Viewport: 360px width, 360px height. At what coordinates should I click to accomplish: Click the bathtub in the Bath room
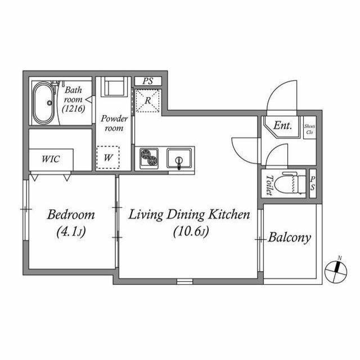coord(44,102)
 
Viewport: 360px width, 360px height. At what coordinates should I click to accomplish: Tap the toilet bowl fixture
coord(290,183)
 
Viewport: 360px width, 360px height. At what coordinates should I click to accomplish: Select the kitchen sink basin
coord(179,158)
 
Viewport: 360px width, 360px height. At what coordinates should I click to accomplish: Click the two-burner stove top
coord(149,157)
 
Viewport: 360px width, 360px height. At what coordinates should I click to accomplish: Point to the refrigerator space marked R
coord(148,101)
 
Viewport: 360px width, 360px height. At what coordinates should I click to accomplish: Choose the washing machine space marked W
coord(108,157)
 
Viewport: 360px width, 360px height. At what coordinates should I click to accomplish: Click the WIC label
coord(51,159)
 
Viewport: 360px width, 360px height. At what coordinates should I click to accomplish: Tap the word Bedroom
coord(71,215)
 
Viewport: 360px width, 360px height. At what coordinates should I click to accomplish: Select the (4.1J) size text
coord(71,231)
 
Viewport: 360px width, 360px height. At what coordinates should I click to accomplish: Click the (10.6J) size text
coord(191,231)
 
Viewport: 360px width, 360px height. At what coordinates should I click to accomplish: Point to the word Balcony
coord(290,237)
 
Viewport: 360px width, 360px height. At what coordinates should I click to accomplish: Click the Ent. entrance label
coord(282,125)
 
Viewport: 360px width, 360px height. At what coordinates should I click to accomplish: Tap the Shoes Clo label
coord(309,129)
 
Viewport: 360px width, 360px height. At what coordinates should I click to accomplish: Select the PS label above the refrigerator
coord(148,81)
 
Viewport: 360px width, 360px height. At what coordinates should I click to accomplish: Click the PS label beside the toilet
coord(313,183)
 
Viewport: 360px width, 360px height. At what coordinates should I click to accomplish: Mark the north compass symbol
coord(336,271)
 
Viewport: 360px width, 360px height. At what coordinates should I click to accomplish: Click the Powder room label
coord(114,123)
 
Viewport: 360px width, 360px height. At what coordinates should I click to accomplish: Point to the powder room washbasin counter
coord(114,87)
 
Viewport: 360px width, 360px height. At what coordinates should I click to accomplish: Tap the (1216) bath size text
coord(74,109)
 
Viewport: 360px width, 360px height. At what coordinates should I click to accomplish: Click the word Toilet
coord(269,185)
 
